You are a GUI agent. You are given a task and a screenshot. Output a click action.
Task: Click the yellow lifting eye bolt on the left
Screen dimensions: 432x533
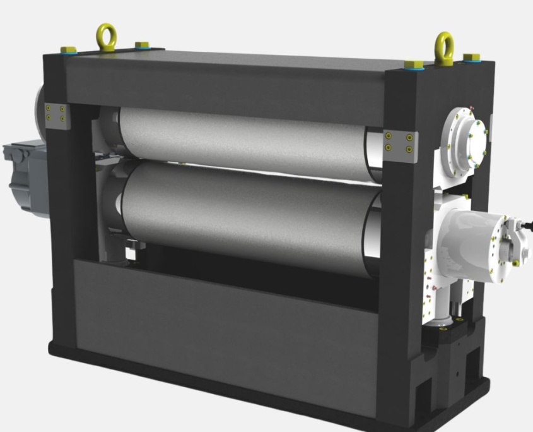(105, 36)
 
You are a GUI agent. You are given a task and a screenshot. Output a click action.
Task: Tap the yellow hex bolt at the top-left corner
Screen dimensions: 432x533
(69, 49)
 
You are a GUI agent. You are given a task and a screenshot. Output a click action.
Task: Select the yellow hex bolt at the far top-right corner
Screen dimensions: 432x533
(471, 57)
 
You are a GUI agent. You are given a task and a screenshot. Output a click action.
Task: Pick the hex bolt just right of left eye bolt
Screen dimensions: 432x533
(142, 45)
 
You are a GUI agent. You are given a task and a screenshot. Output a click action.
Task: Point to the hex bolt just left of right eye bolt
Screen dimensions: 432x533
(414, 64)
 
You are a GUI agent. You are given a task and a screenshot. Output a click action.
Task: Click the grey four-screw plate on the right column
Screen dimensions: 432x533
(400, 142)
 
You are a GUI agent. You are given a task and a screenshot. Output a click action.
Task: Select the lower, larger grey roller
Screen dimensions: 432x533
(246, 215)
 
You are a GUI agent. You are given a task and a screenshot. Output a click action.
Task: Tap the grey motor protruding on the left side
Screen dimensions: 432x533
(25, 174)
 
